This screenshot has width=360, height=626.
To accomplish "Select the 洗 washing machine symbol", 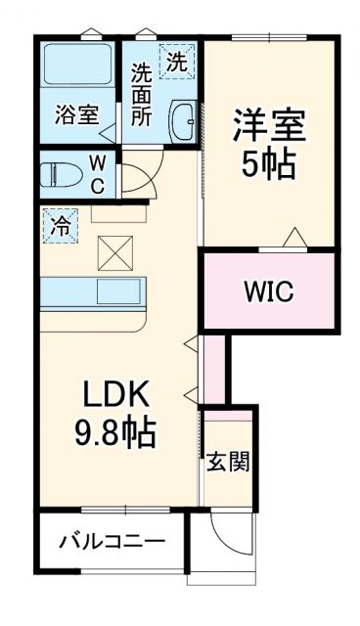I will tap(177, 62).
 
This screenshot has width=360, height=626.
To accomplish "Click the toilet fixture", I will tap(62, 175).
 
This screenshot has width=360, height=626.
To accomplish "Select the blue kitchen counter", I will tap(92, 291).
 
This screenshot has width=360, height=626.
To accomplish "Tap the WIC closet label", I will tap(268, 291).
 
